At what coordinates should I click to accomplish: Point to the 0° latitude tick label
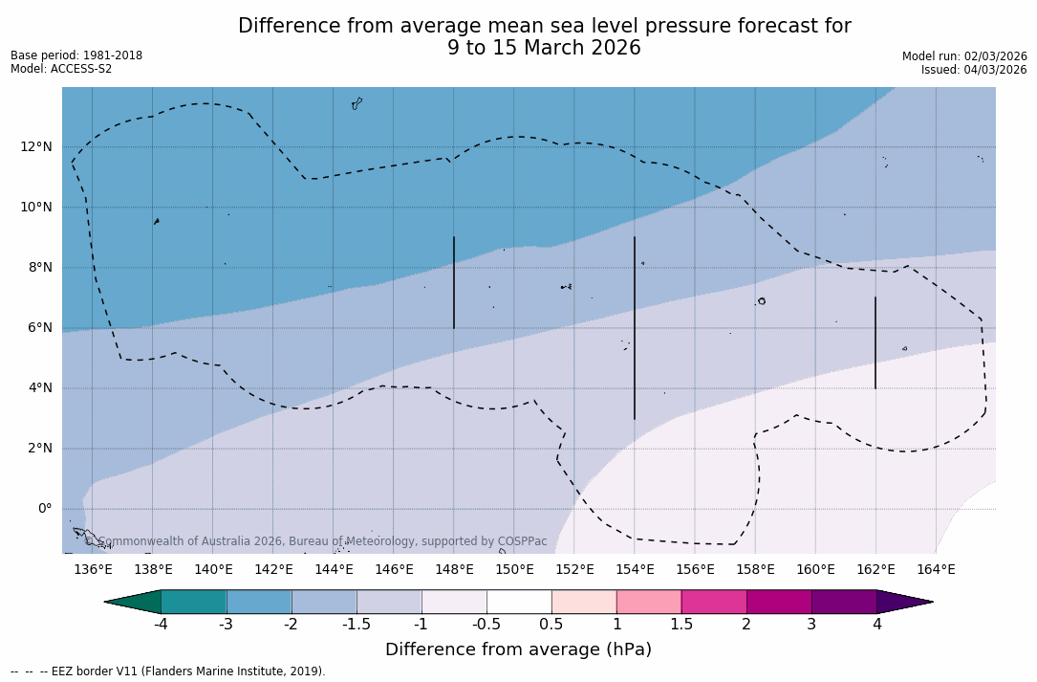45,509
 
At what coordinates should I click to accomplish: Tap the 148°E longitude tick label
454,570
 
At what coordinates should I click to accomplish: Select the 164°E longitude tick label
936,570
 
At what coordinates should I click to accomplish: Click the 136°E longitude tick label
93,570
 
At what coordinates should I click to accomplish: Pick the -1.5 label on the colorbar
356,625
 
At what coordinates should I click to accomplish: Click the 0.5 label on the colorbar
551,625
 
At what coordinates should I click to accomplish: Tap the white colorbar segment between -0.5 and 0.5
519,602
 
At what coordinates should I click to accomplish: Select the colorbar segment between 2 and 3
779,602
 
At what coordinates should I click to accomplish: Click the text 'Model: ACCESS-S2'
61,69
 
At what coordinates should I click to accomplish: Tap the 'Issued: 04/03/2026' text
974,70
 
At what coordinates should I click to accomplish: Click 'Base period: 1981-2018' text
76,55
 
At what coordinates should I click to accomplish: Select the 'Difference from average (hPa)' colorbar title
518,650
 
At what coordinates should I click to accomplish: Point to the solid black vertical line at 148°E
454,282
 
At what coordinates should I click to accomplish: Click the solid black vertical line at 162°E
875,342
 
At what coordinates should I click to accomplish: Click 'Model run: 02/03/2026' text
964,56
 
